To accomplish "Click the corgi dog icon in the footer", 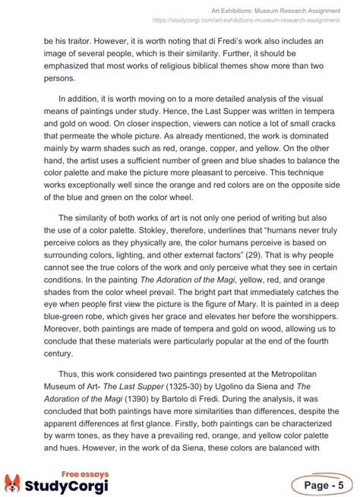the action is point(13,483).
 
